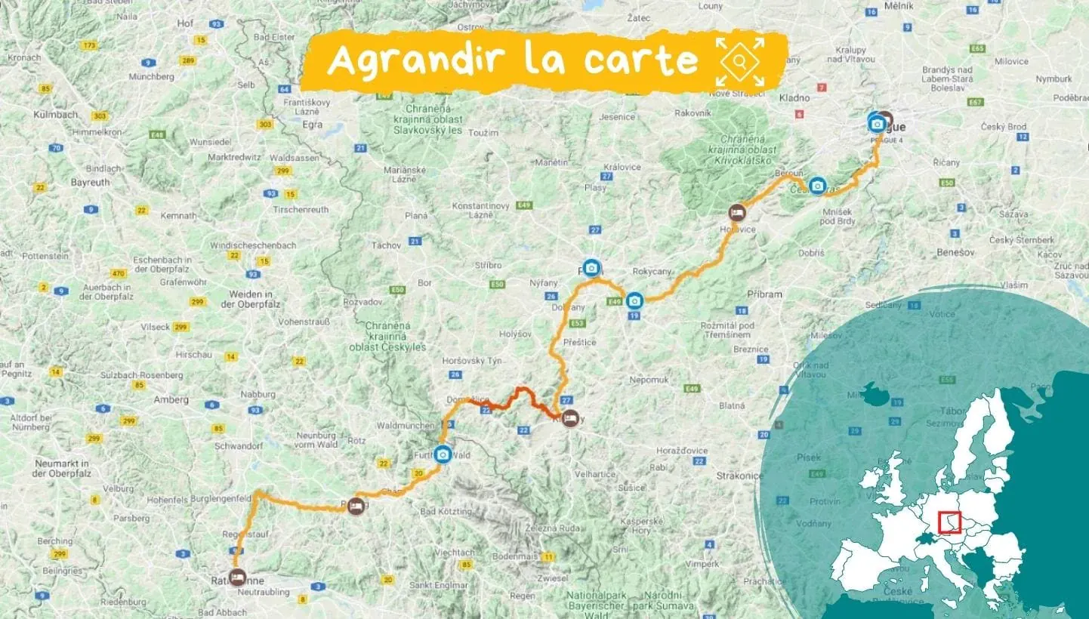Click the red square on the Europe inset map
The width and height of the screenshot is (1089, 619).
949,522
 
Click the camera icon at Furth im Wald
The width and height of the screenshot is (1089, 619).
443,454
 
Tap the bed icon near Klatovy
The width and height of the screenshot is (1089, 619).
570,417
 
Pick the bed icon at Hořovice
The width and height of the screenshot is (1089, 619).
737,212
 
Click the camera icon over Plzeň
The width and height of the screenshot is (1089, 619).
591,268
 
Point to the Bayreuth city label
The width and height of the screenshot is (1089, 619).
90,182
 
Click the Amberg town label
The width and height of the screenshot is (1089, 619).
171,399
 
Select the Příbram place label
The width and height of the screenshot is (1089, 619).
765,294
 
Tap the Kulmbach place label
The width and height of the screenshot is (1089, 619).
56,115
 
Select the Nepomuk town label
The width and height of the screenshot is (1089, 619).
649,380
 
